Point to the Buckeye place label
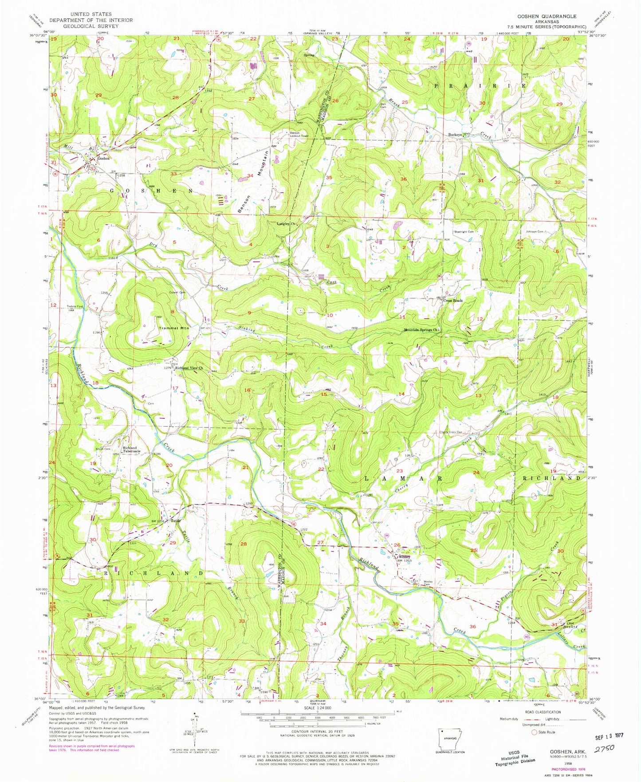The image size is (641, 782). click(455, 135)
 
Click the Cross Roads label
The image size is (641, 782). click(453, 300)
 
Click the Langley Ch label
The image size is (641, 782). click(286, 224)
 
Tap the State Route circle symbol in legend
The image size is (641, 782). click(534, 732)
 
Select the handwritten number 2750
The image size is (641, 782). click(604, 748)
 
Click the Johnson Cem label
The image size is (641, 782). click(535, 231)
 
